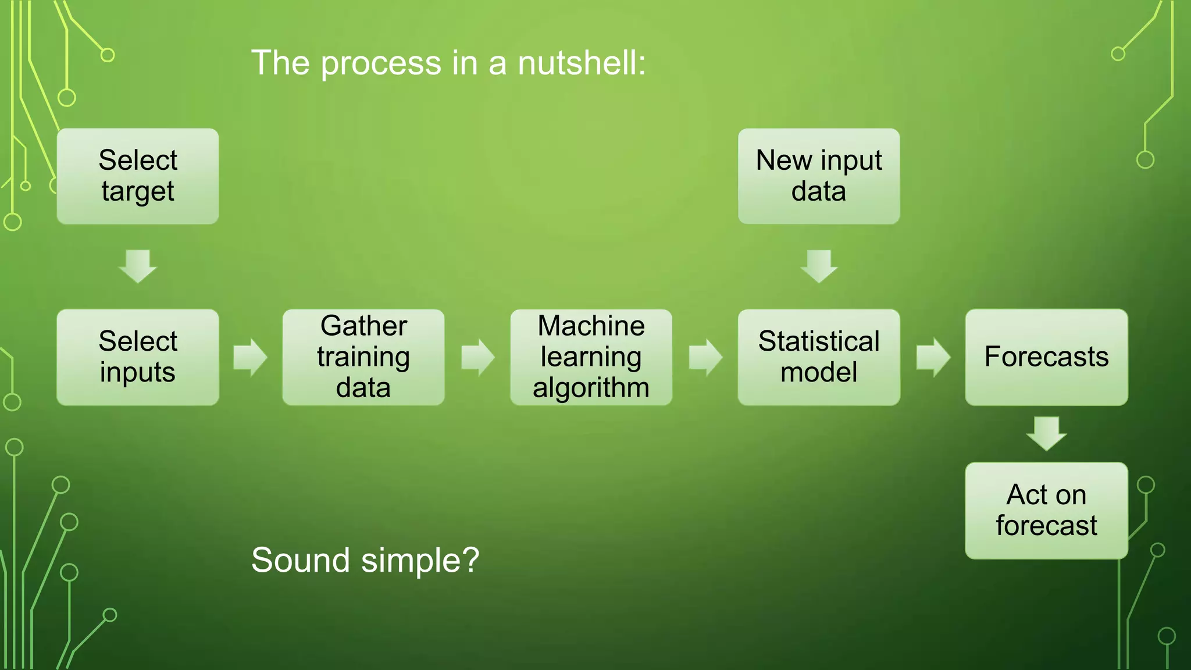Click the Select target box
point(138,176)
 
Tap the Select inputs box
point(138,357)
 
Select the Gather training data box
point(363,357)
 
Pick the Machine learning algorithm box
point(591,357)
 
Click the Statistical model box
point(819,357)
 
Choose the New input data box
point(819,176)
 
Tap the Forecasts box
point(1046,357)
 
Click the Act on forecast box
point(1046,511)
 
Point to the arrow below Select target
point(138,266)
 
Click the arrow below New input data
point(819,266)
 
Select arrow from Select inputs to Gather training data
point(250,357)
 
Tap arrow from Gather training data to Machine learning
point(477,357)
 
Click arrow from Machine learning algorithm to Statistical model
point(705,357)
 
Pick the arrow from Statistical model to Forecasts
point(933,357)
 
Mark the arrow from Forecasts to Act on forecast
point(1046,433)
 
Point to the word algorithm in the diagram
point(591,388)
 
